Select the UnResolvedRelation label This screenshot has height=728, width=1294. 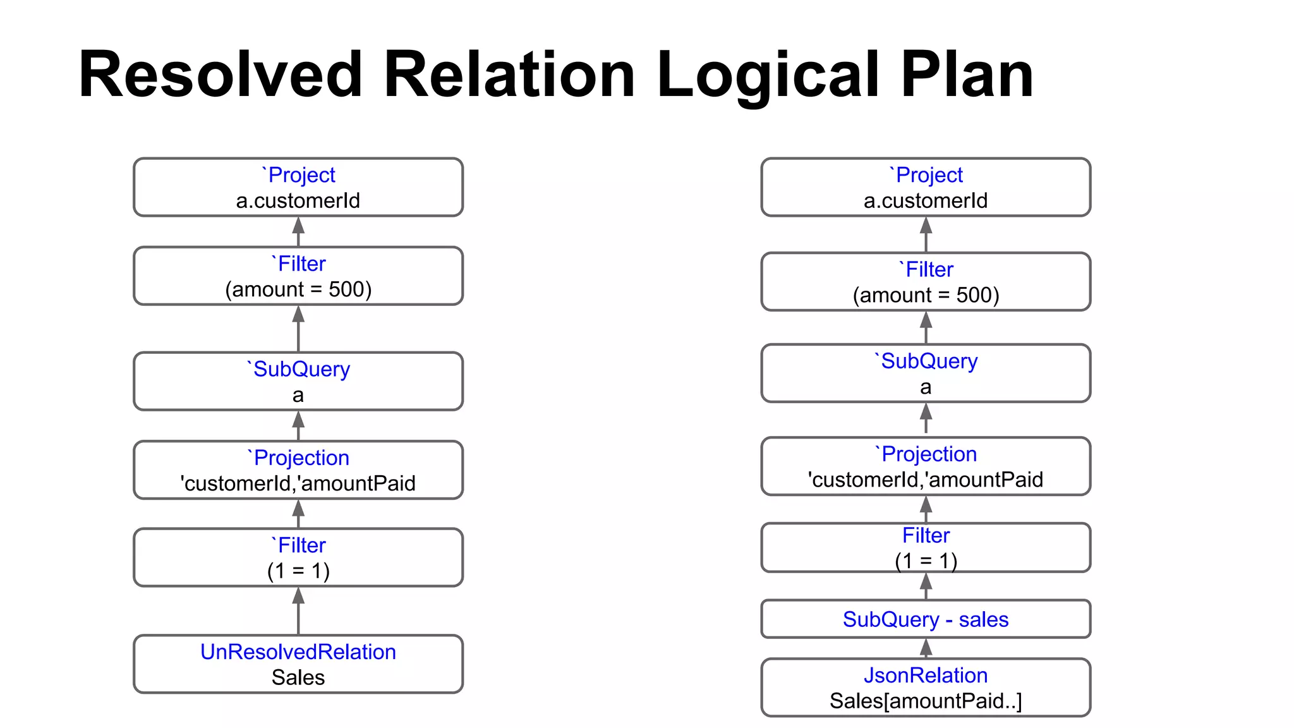tap(298, 652)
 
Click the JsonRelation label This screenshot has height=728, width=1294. tap(925, 675)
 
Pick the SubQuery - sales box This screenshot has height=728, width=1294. tap(925, 619)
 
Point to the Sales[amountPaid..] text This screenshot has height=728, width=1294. tap(925, 701)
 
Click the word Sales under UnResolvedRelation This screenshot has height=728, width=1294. tap(298, 677)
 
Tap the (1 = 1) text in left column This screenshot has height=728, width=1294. tap(298, 571)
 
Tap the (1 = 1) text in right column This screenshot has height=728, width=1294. tap(926, 561)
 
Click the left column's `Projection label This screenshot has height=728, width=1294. tap(298, 458)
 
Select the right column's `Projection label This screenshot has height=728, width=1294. tap(926, 454)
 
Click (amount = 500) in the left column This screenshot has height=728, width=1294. tap(298, 289)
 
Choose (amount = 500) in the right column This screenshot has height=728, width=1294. tap(926, 295)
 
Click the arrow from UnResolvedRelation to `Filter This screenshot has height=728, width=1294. tap(298, 610)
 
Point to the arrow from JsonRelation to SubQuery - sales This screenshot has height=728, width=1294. tap(926, 648)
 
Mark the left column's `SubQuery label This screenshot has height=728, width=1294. tap(298, 369)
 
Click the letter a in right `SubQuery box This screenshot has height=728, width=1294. tap(926, 387)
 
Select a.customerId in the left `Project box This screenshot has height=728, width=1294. tap(298, 201)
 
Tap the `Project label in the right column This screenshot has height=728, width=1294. tap(926, 175)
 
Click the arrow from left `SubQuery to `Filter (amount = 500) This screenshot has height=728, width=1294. tap(298, 329)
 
